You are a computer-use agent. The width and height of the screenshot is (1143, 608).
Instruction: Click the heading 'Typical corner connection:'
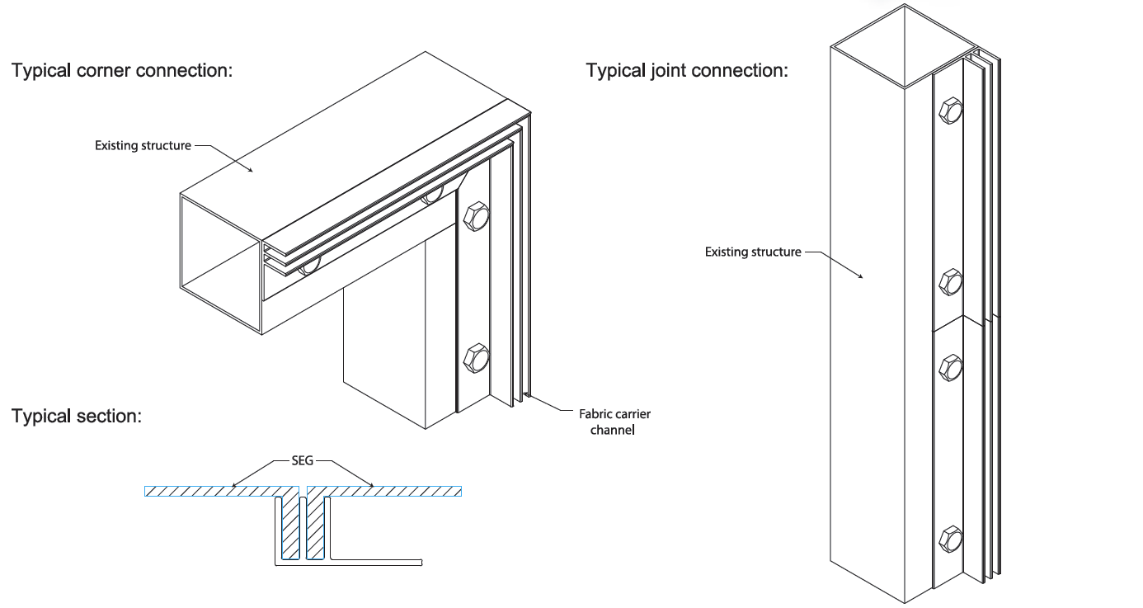point(122,70)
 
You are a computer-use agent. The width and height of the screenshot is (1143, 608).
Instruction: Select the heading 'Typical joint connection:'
point(687,70)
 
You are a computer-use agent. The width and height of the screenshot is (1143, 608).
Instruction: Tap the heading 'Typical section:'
point(77,416)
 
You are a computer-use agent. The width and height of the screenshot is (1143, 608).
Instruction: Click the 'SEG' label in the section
point(303,462)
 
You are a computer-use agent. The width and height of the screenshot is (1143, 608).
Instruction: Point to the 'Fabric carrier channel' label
point(614,422)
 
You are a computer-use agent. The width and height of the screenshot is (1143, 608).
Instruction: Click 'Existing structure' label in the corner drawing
point(143,146)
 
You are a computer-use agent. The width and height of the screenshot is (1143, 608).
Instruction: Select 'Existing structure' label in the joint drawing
point(752,252)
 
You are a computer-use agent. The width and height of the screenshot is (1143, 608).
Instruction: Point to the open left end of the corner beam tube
point(220,262)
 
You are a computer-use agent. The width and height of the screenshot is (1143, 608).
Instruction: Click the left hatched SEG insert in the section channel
point(290,525)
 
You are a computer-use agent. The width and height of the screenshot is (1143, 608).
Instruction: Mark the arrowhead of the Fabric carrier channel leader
point(527,398)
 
